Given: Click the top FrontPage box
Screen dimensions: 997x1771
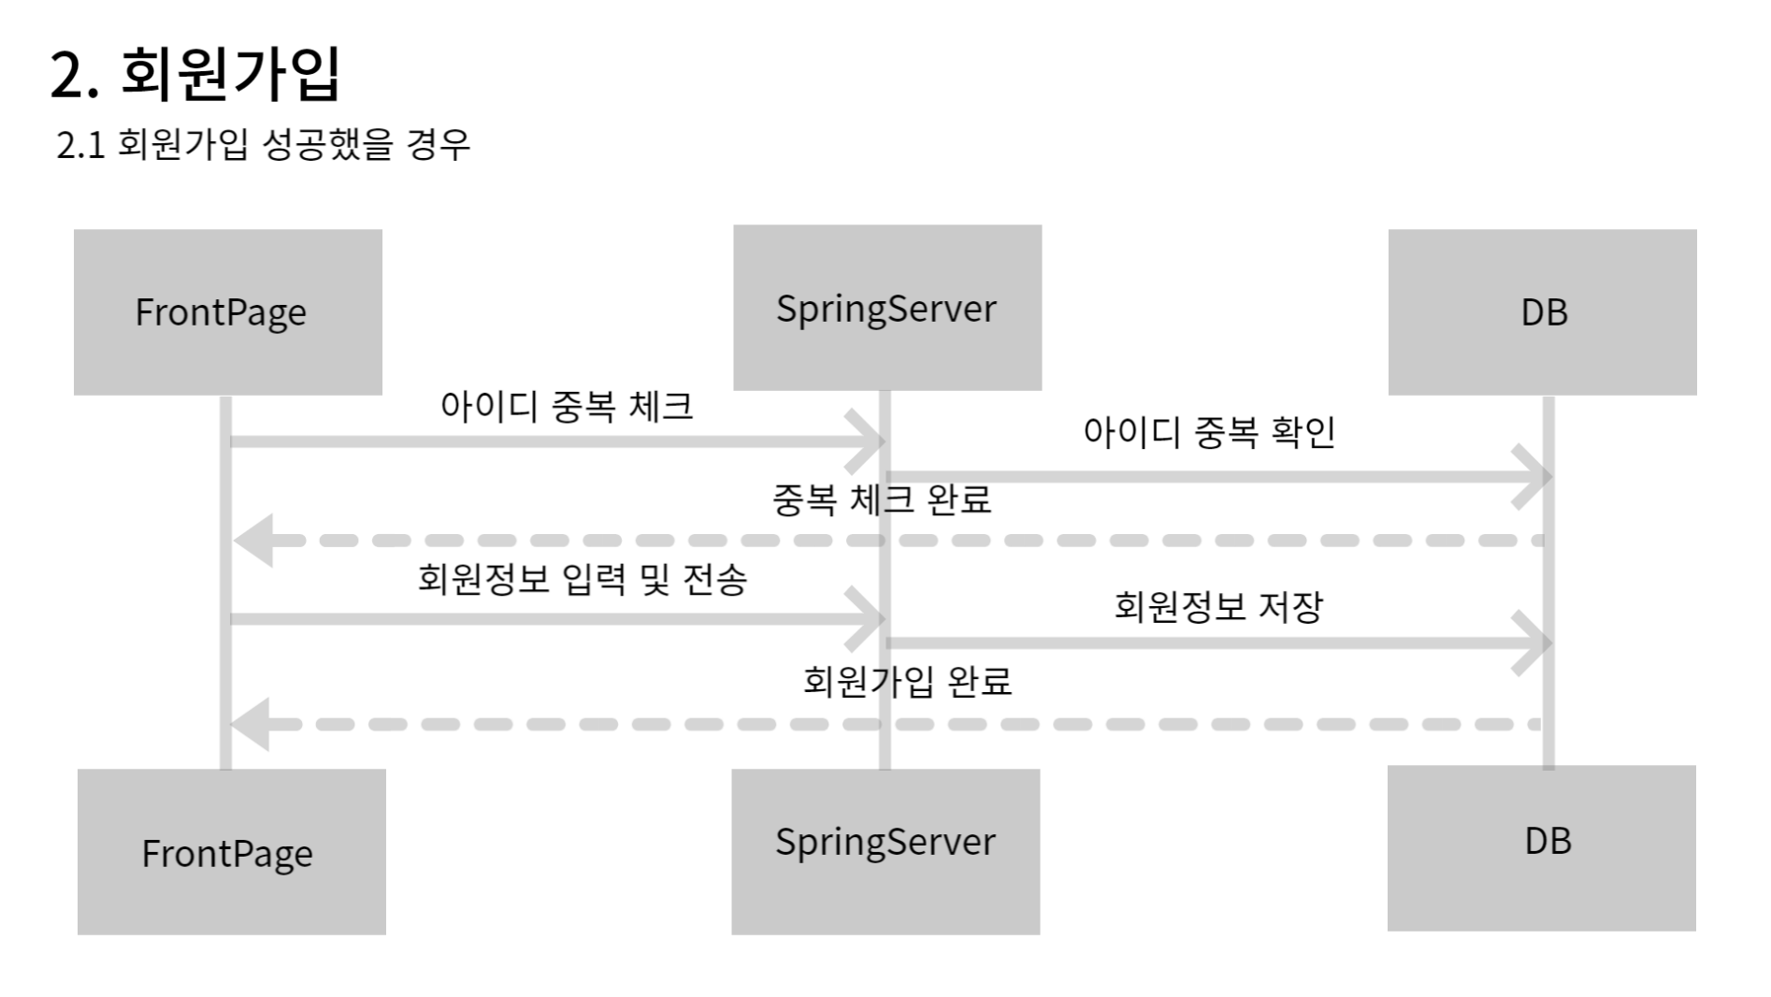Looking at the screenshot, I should pos(227,311).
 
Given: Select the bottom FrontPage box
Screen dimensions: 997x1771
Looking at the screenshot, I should pos(231,851).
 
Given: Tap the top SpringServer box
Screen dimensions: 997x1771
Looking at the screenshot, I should pos(886,308).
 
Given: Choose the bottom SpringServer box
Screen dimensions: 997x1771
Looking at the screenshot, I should pos(885,851).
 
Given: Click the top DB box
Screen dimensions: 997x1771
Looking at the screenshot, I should pos(1542,311).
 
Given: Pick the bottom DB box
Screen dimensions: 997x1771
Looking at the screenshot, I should pos(1541,847).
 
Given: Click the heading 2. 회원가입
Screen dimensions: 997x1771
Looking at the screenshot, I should pos(194,73).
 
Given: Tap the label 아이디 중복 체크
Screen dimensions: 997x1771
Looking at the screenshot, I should pos(567,407).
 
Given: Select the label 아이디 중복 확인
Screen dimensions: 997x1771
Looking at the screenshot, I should pos(1209,432).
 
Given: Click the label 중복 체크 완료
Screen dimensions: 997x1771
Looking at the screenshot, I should pos(881,499).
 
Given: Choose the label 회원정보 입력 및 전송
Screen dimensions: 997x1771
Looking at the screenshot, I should pos(582,580).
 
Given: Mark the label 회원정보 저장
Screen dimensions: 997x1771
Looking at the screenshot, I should pos(1218,607).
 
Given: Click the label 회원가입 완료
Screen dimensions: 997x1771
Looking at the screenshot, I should pos(907,681).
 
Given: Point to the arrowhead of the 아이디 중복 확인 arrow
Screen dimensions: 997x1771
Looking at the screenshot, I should pos(1534,477).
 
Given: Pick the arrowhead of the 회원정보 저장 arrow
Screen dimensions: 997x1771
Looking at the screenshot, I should pos(1534,643).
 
